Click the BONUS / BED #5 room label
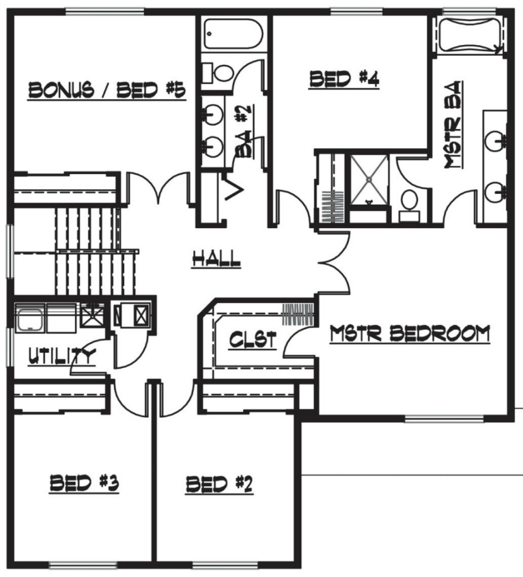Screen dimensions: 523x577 point(107,91)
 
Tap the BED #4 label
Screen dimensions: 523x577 point(344,79)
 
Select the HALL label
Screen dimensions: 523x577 point(216,259)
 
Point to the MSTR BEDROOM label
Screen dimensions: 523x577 point(410,334)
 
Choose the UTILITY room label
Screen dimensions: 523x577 point(62,356)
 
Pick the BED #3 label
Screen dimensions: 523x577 point(85,483)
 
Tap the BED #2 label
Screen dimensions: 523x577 point(219,484)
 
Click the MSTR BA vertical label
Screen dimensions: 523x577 point(453,125)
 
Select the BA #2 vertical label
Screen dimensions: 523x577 point(243,131)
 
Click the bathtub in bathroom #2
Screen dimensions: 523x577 point(233,34)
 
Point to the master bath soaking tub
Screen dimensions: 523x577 point(470,35)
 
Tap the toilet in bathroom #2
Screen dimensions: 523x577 point(219,73)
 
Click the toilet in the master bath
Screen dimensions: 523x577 point(409,206)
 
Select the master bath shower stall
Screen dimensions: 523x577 point(369,180)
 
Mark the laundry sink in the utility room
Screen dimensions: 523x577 point(30,319)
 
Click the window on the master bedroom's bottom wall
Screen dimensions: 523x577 point(444,419)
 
